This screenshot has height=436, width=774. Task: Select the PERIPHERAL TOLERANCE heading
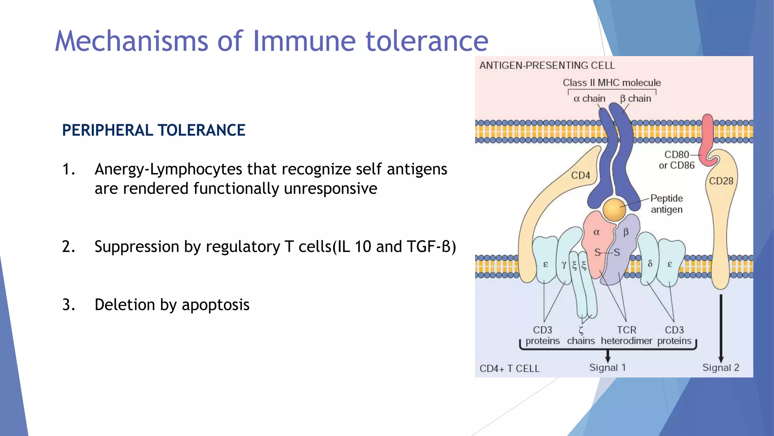pos(153,130)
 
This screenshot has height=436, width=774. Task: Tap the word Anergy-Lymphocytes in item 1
pos(168,169)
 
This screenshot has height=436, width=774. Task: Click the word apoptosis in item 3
pos(215,305)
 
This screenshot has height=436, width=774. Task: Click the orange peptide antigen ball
pos(614,210)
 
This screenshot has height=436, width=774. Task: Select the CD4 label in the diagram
pos(580,175)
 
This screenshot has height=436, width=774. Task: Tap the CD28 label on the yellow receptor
pos(721,181)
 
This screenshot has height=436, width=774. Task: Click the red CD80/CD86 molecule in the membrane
pos(707,136)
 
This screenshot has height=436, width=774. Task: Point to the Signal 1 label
pos(607,367)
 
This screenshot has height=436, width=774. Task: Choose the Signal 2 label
pos(720,367)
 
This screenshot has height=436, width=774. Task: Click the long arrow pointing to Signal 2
pos(721,325)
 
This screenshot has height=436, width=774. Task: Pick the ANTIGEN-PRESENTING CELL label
pos(547,65)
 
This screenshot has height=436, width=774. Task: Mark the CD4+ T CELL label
pos(509,369)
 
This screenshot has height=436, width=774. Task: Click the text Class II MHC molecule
pos(611,83)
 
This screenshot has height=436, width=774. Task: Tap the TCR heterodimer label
pos(626,335)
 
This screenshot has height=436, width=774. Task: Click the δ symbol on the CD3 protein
pos(650,264)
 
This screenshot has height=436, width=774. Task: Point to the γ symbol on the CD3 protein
pos(563,265)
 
